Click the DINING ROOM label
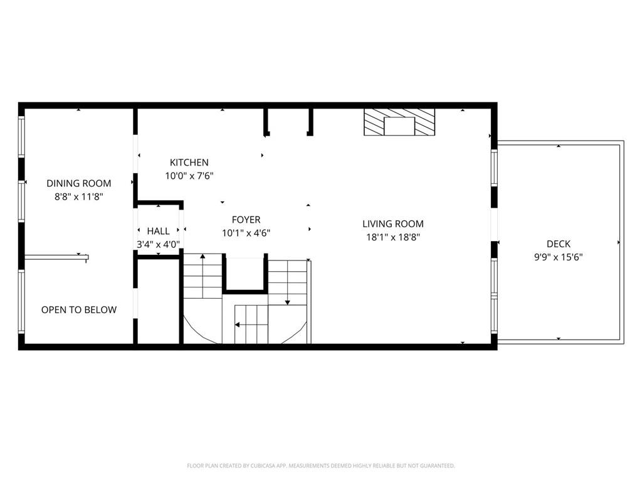79,183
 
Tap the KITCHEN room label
189,163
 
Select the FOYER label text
246,220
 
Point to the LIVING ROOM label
392,224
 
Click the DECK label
558,244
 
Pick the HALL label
158,231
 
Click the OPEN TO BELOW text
79,310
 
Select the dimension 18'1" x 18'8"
392,237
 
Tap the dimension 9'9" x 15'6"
558,257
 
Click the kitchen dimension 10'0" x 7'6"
189,176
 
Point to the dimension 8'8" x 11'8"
79,196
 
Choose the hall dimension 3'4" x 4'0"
158,245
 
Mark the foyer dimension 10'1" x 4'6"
246,233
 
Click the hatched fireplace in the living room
399,122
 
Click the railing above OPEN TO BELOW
56,257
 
